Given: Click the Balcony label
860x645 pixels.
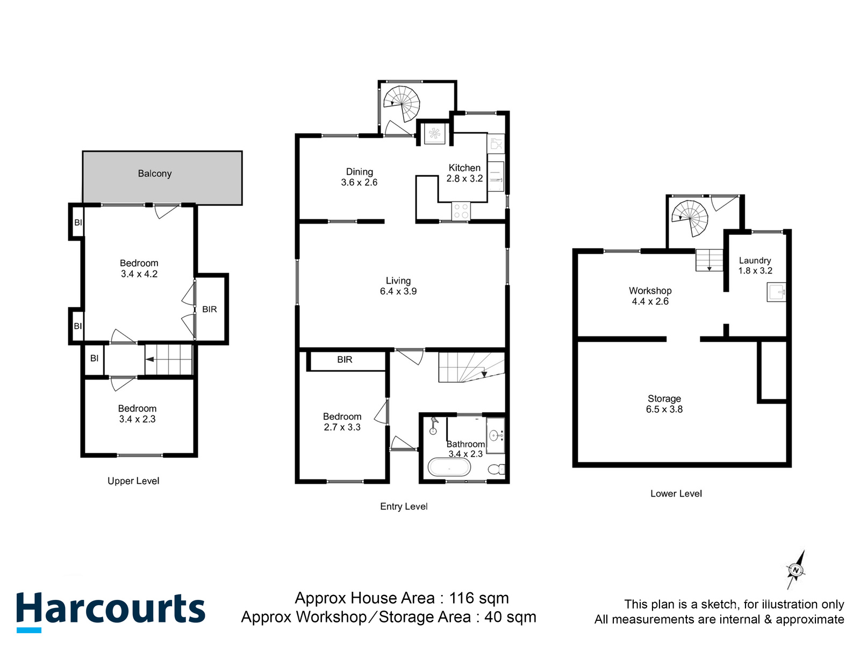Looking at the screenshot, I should coord(155,174).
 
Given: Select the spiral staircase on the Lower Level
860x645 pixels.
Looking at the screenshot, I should coord(690,218).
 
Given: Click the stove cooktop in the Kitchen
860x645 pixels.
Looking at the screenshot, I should coord(461,211).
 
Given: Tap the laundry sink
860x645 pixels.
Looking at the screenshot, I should coord(776,292).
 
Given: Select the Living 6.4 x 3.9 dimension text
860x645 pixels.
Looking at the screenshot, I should coord(398,291).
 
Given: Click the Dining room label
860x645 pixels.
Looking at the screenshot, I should coord(359,172).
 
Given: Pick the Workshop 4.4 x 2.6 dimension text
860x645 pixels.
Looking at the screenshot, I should coord(650,302).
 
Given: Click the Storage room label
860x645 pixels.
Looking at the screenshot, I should coord(664,399).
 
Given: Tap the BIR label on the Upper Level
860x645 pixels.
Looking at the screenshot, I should coord(210,310).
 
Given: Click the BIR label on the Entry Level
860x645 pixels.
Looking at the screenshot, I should coord(345,360).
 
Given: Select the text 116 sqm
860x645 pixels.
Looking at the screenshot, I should coord(479,598).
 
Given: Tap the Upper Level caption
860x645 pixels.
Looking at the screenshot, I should coord(133,481).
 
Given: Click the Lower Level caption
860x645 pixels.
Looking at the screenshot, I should coord(676,493).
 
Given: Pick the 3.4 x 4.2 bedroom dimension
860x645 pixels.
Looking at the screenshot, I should coord(139,274).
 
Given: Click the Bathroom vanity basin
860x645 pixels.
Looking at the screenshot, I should coord(494,435).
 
